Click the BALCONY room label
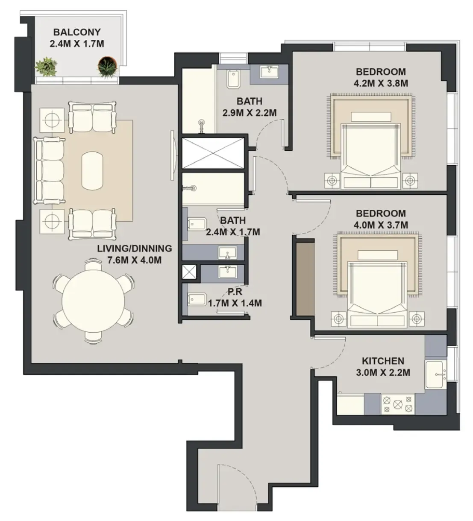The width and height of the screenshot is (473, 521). click(x=77, y=32)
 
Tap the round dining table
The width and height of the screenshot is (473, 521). click(x=94, y=301)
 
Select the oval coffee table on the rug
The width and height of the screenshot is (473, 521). click(x=92, y=171)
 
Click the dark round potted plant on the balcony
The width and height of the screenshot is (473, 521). click(x=107, y=67)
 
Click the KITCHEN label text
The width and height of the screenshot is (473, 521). click(x=383, y=361)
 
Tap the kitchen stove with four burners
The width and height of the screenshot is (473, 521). click(x=398, y=404)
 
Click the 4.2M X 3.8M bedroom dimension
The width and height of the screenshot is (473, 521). click(x=381, y=83)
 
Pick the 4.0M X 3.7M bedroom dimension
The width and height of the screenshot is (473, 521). click(x=381, y=225)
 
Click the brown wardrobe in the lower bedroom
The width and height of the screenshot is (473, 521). click(x=306, y=279)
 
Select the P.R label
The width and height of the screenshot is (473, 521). click(x=235, y=292)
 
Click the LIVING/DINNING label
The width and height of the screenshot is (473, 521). click(x=135, y=248)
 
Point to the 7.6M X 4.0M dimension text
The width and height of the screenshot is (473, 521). click(x=135, y=260)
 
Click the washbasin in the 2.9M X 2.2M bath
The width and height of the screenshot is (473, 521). click(x=269, y=71)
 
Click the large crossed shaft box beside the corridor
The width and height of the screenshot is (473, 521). click(x=213, y=153)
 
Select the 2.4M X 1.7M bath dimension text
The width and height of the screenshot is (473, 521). click(x=233, y=232)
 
